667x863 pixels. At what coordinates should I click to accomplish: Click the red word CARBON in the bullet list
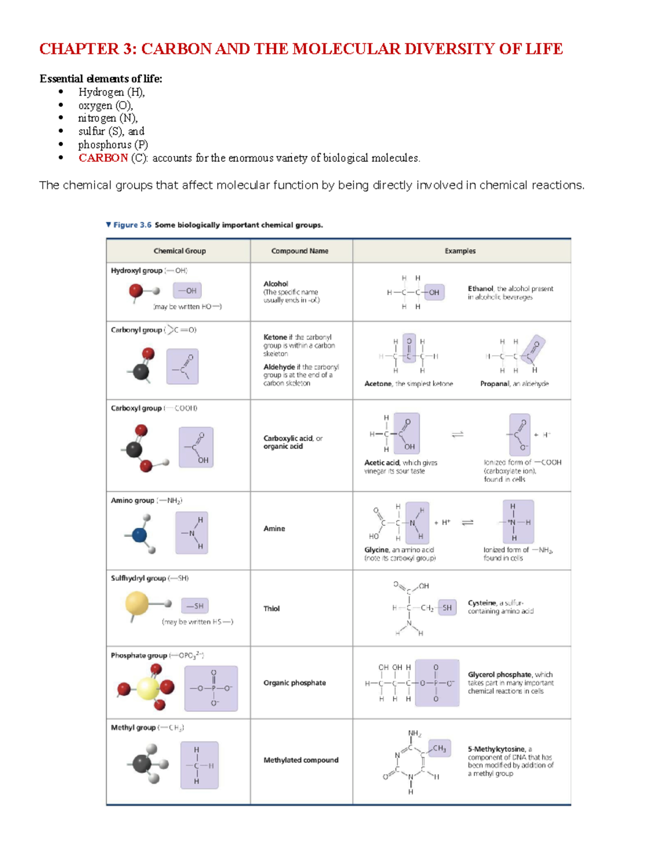click(103, 158)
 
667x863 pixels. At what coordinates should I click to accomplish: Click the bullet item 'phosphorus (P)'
click(113, 144)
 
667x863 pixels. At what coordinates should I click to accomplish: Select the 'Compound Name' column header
click(300, 251)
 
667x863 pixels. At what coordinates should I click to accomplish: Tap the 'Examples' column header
click(460, 251)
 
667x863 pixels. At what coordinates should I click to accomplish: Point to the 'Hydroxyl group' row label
click(136, 271)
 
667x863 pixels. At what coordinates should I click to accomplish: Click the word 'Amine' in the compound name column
click(274, 528)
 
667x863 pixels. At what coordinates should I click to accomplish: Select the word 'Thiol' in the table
click(271, 608)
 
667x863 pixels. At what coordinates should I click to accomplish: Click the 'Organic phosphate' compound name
click(295, 683)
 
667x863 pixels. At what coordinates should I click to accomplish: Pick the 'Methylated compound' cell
click(301, 760)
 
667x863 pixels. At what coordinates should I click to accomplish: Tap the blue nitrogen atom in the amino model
click(139, 535)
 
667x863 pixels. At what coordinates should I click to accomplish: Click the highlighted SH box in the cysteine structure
click(447, 608)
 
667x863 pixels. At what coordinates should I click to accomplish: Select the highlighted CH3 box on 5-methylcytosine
click(439, 749)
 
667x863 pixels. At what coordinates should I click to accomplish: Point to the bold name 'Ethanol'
click(480, 289)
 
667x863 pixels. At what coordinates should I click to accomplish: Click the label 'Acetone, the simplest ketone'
click(409, 384)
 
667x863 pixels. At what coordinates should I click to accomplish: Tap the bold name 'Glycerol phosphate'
click(499, 675)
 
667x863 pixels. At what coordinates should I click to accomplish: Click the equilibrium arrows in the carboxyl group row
click(457, 435)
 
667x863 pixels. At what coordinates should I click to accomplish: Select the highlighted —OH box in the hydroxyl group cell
click(187, 291)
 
